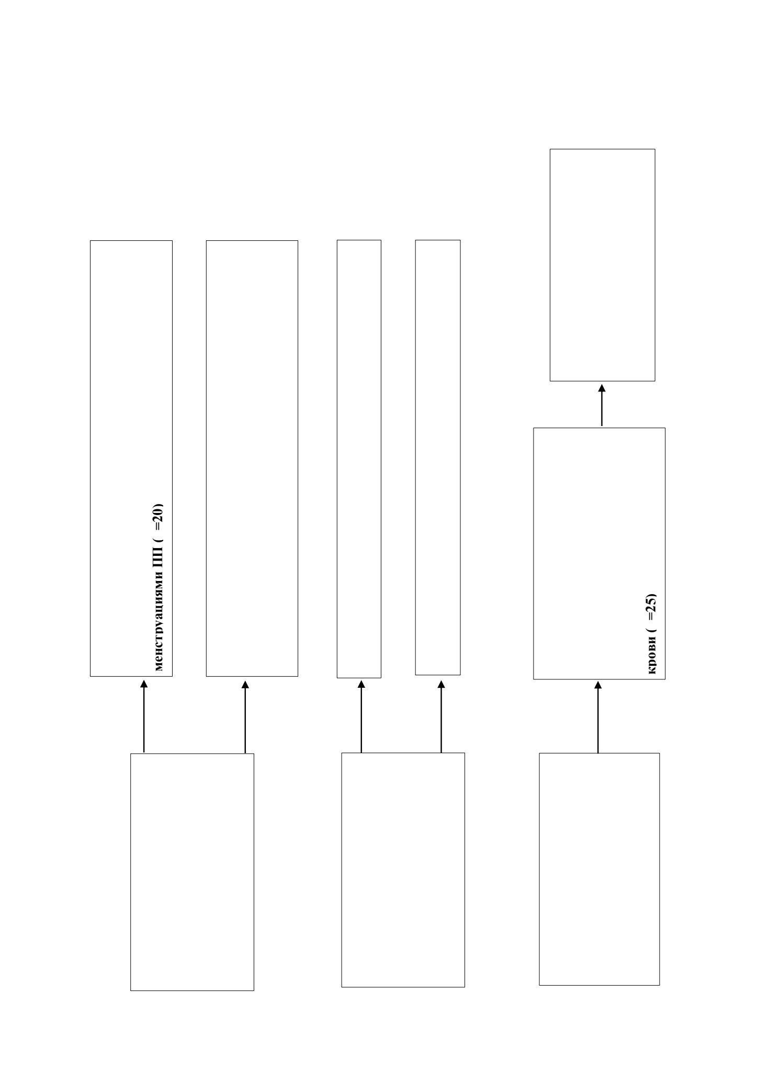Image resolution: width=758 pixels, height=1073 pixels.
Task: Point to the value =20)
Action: point(159,517)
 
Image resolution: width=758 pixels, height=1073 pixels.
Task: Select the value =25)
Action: point(652,607)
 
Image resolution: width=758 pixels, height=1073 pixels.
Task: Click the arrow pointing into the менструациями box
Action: point(144,716)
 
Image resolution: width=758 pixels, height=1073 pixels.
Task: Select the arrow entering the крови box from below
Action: point(598,717)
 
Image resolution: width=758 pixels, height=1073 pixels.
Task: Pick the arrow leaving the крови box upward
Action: point(602,405)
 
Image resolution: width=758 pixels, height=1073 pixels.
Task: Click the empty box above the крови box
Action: point(602,265)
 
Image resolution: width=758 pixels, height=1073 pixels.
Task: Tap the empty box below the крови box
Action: point(599,869)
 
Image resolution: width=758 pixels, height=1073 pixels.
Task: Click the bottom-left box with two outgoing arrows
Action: point(192,872)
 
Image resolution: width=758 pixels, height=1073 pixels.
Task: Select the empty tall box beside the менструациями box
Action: point(252,458)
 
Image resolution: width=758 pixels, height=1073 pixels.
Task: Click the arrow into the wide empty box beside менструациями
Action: point(245,716)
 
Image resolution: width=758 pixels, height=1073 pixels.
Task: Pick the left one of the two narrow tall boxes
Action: point(359,459)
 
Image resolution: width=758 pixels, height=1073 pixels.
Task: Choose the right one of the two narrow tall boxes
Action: point(438,457)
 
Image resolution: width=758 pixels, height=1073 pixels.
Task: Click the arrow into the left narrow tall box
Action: point(361,716)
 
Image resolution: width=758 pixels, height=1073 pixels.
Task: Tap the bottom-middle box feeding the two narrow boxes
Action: point(403,870)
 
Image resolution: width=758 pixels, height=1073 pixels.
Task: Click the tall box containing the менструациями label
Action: point(131,458)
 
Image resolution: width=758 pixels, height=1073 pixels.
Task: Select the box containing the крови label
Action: point(599,553)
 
